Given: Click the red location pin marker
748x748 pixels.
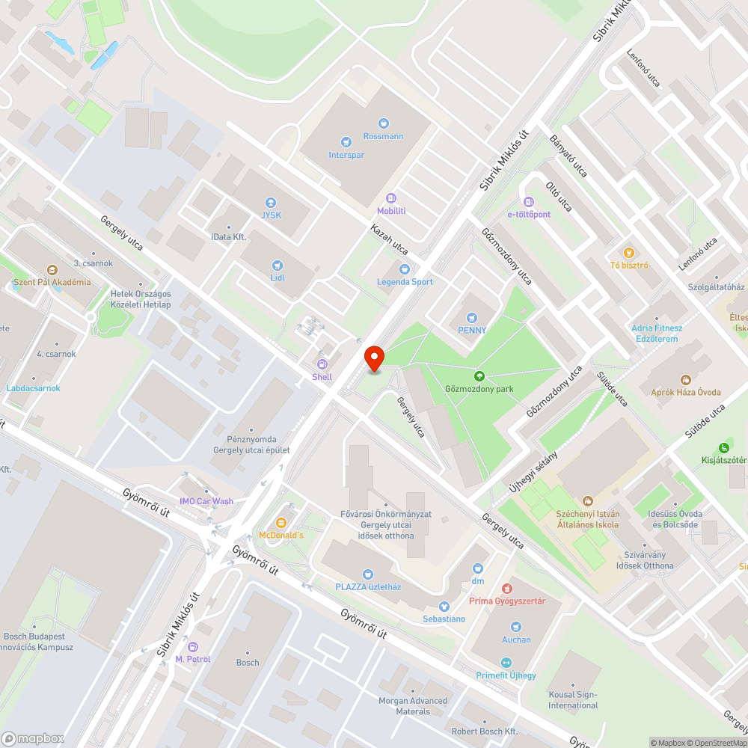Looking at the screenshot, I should tap(374, 358).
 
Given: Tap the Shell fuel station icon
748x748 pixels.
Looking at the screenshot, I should tap(322, 364).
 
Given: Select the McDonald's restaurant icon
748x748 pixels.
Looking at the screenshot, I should tap(281, 522).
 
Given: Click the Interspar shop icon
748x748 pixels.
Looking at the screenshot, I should tap(345, 141).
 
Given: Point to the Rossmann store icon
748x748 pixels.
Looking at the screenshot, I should tap(383, 123).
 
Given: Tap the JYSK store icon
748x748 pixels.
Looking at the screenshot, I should tap(271, 202).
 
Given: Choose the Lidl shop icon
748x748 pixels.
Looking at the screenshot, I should tap(277, 264).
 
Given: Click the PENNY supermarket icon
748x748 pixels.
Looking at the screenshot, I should tap(471, 317).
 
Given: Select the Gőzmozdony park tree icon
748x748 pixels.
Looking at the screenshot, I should tap(479, 375).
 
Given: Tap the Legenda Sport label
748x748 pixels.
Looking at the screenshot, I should tap(405, 281).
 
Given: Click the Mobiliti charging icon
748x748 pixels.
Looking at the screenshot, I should tap(391, 198).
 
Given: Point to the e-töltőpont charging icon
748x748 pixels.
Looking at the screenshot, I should tap(529, 201).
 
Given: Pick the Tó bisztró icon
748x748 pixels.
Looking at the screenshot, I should tap(628, 252).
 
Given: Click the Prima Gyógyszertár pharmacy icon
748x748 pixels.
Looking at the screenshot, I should tap(506, 588).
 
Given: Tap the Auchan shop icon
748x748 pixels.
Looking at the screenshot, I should tap(516, 626).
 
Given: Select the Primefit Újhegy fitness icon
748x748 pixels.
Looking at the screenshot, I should tap(506, 662).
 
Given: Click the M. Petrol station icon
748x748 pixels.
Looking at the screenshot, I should tap(193, 646).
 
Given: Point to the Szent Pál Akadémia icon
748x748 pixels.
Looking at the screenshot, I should tap(52, 269).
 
